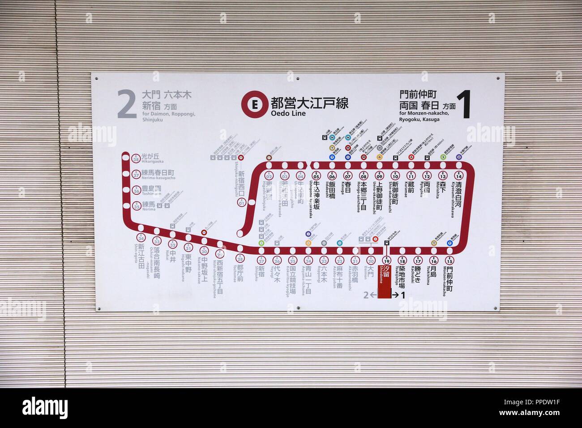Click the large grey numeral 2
tap(127, 104)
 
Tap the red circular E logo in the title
tap(254, 104)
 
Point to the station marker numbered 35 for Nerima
tap(136, 205)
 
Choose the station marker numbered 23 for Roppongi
tap(324, 261)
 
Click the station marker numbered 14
tap(458, 175)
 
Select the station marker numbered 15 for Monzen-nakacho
tap(449, 261)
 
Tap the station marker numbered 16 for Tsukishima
tap(433, 261)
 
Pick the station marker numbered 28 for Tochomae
tap(241, 259)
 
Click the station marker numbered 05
tap(316, 175)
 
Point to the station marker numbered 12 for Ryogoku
tap(427, 175)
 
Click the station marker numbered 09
tap(379, 175)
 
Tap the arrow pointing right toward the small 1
tap(396, 295)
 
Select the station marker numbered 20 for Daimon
tap(371, 261)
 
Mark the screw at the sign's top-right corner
tap(497, 79)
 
